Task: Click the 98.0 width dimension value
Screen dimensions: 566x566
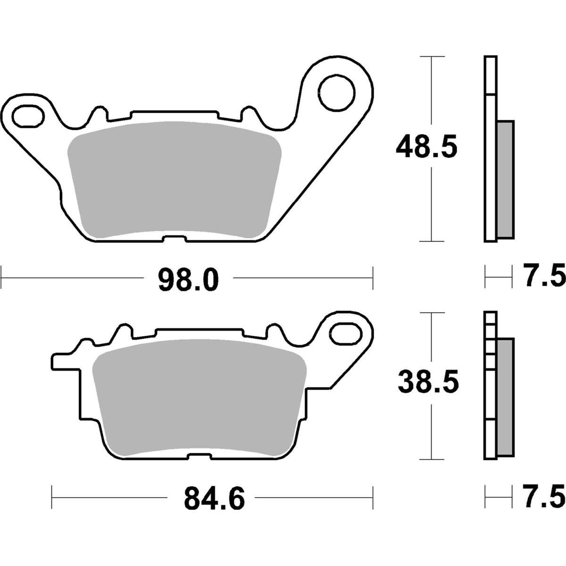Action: (x=188, y=280)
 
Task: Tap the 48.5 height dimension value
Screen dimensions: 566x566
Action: (x=426, y=146)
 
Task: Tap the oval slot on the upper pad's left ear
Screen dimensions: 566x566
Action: (x=29, y=116)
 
